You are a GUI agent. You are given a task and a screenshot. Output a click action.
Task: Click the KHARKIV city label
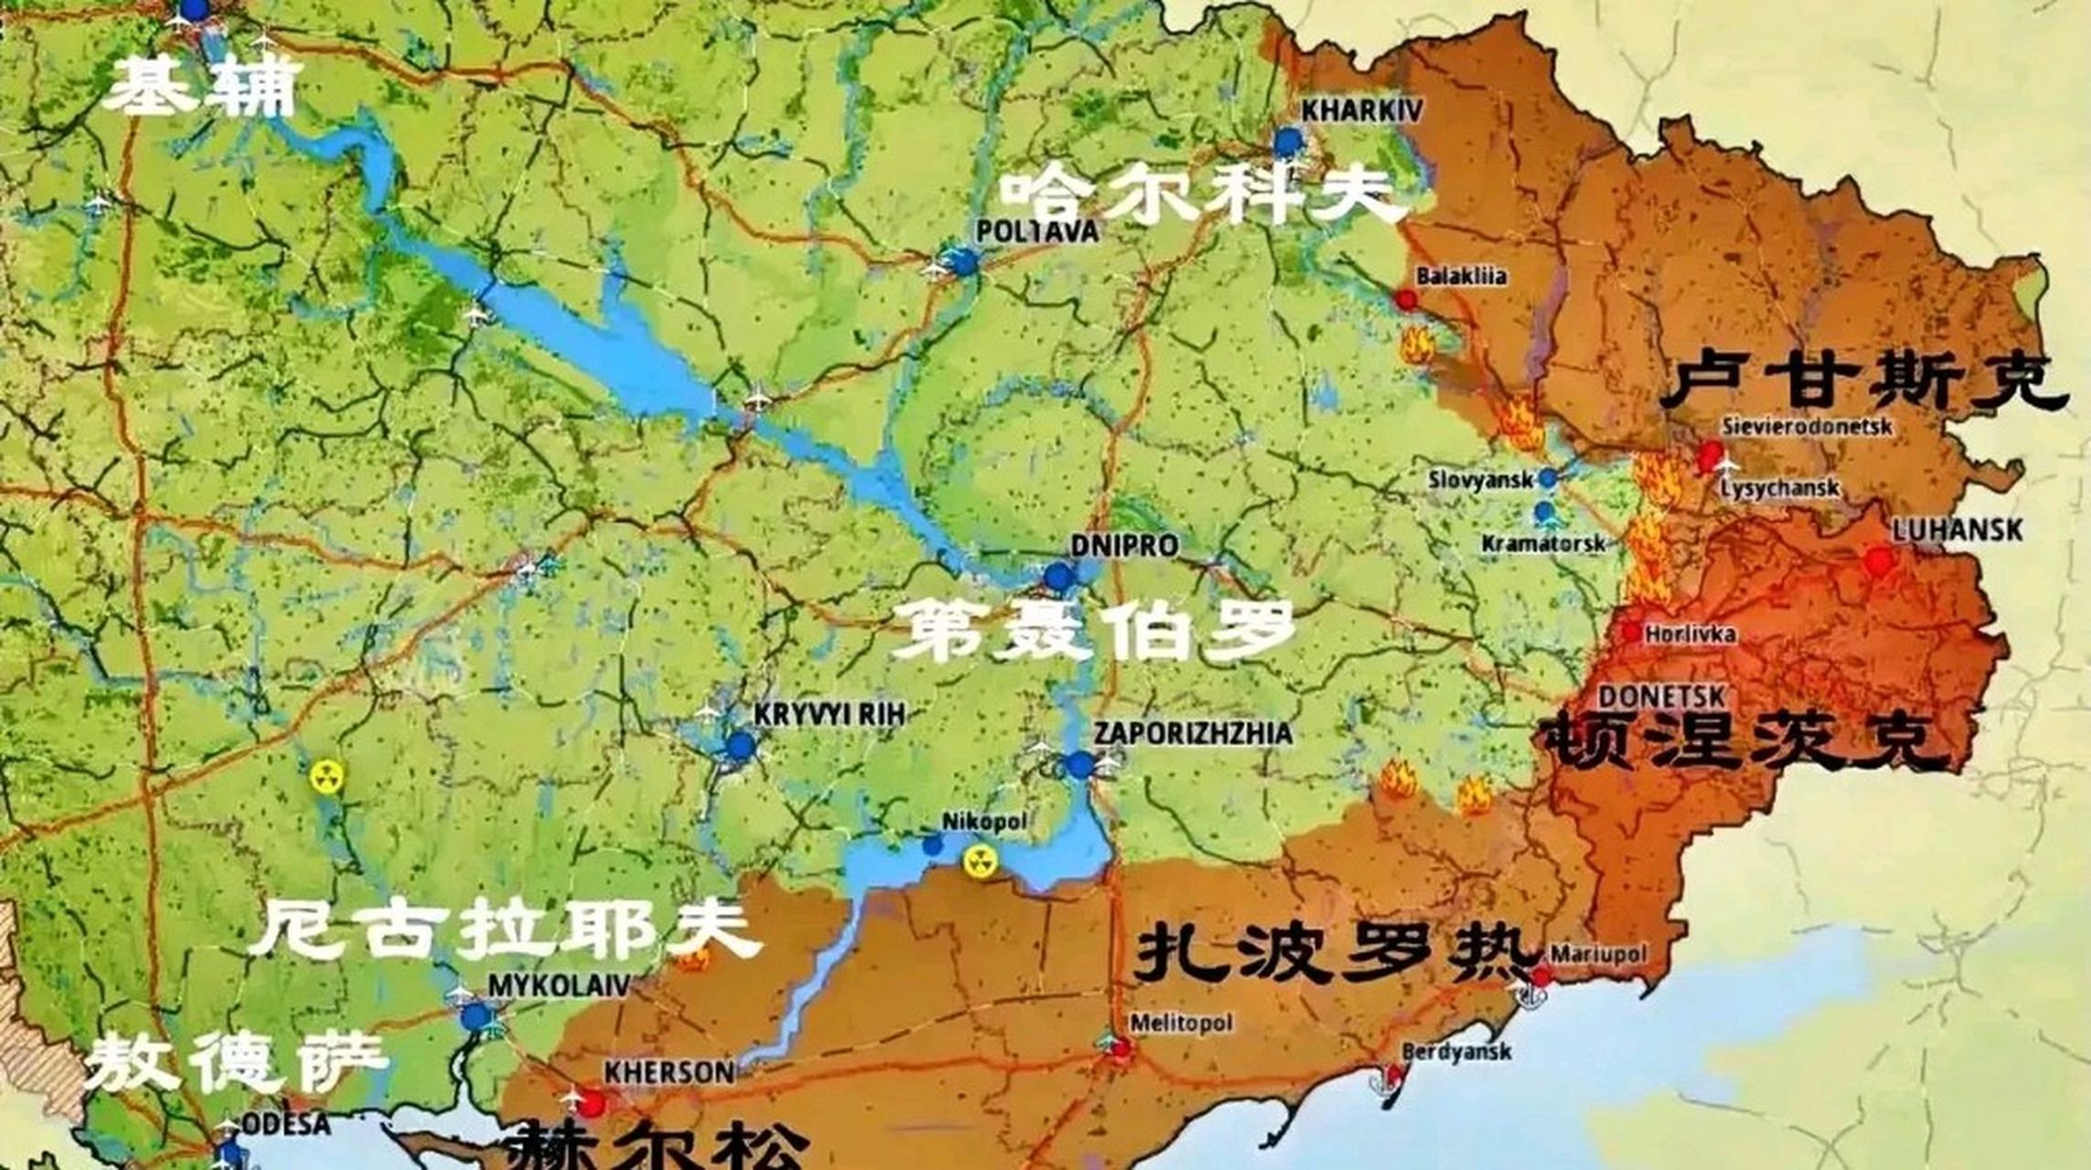point(1362,111)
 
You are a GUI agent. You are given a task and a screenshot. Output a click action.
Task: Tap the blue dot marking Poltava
point(962,262)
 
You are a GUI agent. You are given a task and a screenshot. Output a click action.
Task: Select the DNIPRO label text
point(1124,546)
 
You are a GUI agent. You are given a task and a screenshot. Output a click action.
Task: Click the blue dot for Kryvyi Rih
point(741,746)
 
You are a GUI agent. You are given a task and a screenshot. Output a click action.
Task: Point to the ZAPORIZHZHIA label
point(1194,733)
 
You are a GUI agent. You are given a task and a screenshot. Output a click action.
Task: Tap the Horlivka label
point(1690,633)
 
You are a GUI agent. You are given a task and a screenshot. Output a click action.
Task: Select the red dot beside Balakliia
point(1406,300)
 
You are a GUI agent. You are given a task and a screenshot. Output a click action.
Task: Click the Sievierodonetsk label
point(1807,426)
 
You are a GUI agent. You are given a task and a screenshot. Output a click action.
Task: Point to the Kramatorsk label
point(1544,544)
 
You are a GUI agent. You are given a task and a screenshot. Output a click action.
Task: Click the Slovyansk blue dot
point(1547,477)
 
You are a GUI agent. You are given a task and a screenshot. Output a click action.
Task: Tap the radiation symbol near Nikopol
point(980,860)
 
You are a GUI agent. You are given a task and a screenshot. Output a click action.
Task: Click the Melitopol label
point(1181,1023)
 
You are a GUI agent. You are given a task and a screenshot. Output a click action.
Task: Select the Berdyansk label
point(1456,1052)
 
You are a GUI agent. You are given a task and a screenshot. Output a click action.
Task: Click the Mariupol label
point(1598,954)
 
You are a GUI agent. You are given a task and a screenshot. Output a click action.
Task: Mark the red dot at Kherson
point(592,1104)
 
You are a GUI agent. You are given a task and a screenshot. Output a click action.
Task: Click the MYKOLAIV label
point(559,984)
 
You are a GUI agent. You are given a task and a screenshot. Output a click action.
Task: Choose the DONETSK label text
point(1661,697)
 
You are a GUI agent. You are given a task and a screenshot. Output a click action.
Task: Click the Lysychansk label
point(1779,487)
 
